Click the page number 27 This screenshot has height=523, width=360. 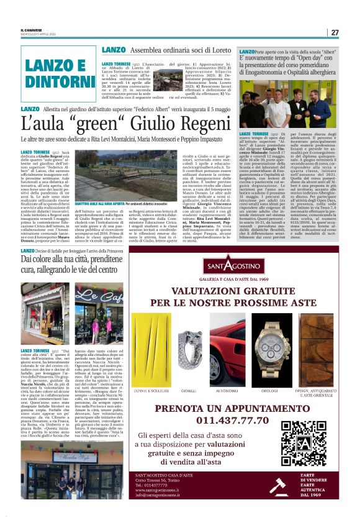tap(335, 32)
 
